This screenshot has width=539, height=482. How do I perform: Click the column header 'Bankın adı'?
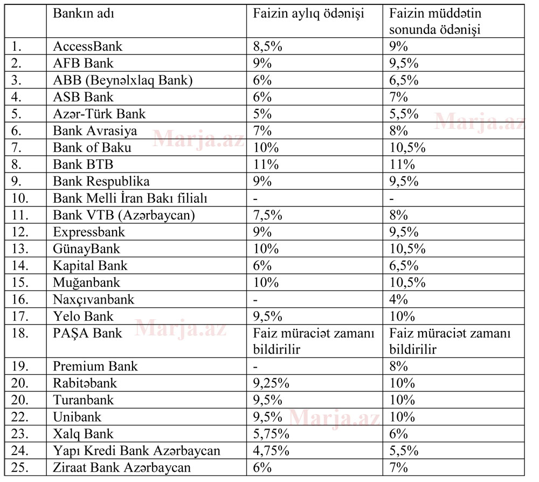point(84,13)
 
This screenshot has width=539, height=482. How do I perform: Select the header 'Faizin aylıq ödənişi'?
point(308,13)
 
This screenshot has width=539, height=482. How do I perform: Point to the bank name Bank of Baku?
point(92,147)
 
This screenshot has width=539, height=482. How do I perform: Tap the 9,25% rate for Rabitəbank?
point(272,383)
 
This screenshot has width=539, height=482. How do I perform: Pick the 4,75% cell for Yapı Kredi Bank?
point(272,450)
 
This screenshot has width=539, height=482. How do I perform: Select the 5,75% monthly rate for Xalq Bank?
point(272,433)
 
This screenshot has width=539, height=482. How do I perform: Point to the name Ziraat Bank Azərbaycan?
point(121,467)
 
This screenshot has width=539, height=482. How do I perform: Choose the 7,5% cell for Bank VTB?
point(268,215)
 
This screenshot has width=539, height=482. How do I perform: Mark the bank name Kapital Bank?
point(90,265)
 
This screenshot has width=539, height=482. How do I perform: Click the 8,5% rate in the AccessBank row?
point(268,46)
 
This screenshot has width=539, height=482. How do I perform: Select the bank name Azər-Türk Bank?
point(99,114)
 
